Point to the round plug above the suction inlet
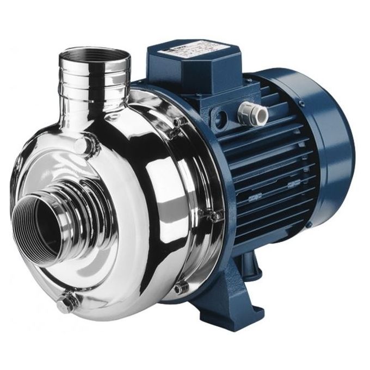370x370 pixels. [81, 145]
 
